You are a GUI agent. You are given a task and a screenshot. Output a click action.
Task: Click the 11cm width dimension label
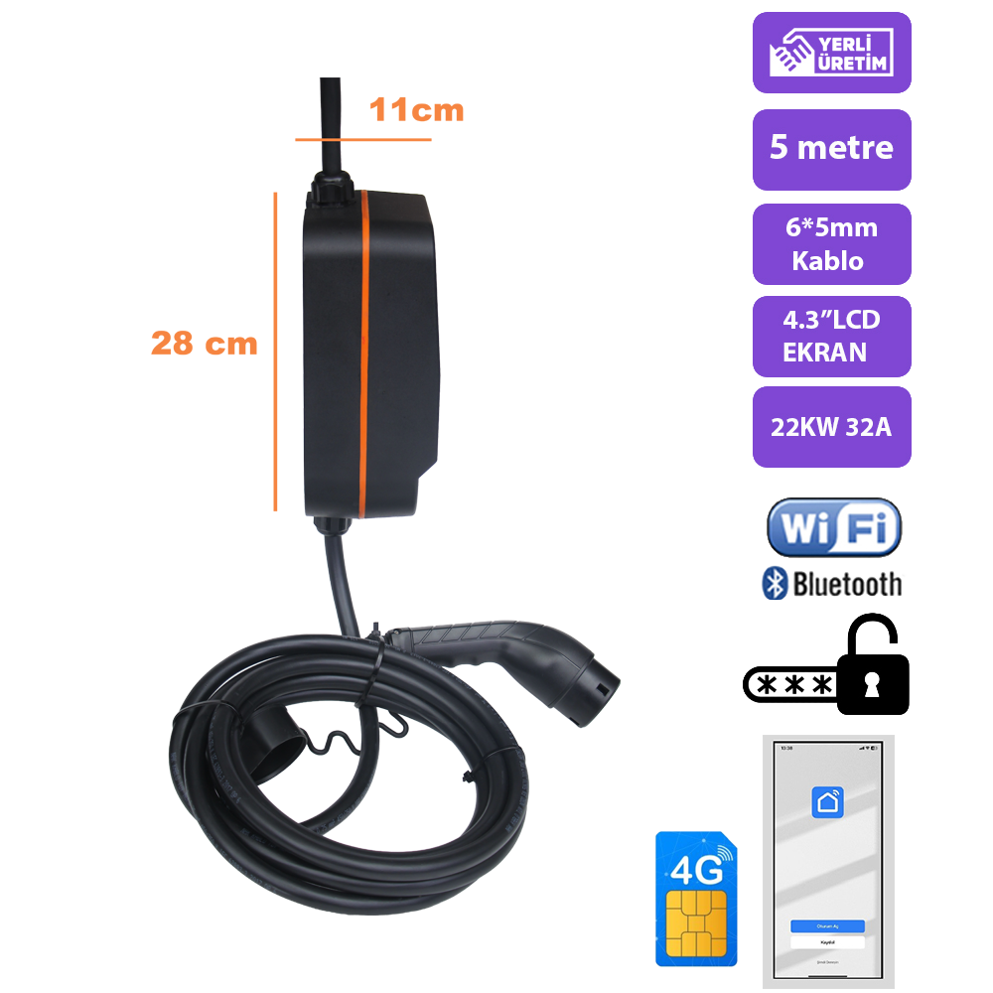pos(416,110)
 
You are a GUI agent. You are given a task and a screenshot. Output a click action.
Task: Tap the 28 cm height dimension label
pos(204,344)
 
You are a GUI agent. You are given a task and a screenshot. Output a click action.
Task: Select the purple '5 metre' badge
pos(831,149)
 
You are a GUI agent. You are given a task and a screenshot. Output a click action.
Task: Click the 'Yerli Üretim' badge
pos(831,53)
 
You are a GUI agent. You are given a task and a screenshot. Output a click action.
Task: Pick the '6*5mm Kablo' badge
pos(831,244)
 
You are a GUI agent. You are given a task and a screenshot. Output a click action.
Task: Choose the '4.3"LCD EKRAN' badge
pos(831,336)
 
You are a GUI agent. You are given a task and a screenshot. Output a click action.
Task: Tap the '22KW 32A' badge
pos(831,427)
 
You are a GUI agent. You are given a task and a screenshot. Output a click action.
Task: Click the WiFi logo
pos(833,527)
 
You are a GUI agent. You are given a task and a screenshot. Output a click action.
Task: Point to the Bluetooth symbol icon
pos(774,584)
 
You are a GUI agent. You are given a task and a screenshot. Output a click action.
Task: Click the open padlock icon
pos(872,667)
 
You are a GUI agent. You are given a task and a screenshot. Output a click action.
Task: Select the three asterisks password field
pos(793,685)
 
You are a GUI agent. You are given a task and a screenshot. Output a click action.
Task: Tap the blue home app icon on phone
pos(826,801)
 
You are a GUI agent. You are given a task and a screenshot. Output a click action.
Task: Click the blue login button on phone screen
pos(827,925)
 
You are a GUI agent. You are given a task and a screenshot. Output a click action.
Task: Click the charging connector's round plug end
pos(600,682)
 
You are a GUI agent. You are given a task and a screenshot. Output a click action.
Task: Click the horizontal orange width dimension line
pos(362,140)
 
